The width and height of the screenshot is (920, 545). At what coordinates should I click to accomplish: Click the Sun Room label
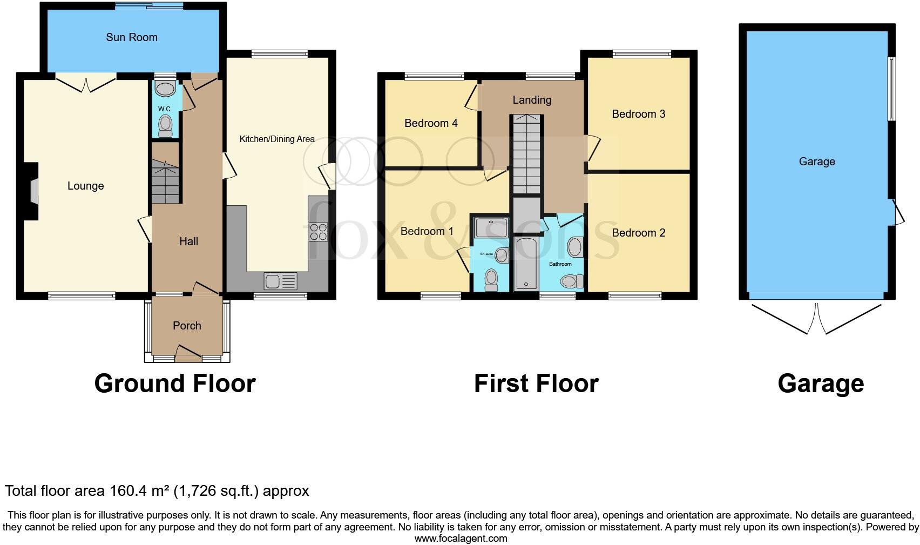point(132,37)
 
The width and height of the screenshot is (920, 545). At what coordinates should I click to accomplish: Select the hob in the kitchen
point(318,232)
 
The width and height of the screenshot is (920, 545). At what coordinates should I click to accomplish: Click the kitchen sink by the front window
point(280,281)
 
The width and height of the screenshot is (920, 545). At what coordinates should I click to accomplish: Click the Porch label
point(187,326)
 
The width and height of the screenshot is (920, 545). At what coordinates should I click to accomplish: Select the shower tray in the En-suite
point(491,227)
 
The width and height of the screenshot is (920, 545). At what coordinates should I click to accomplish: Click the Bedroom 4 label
point(431,123)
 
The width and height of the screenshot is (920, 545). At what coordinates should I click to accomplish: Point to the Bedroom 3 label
point(638,114)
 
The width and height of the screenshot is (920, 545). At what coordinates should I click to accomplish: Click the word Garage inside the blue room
point(816,162)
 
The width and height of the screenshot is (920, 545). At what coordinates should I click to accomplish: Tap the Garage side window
point(892,89)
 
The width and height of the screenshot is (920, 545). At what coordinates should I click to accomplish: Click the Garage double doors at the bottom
point(817,319)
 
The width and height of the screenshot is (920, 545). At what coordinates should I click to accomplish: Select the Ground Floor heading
point(174,383)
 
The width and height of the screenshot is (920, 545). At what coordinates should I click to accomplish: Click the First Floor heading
point(536,383)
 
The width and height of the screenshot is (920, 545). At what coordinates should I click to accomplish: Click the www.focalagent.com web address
point(461,539)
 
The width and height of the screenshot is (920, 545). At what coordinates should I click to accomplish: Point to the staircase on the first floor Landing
point(526,154)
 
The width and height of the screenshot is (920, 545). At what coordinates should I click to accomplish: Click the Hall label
point(188,241)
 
